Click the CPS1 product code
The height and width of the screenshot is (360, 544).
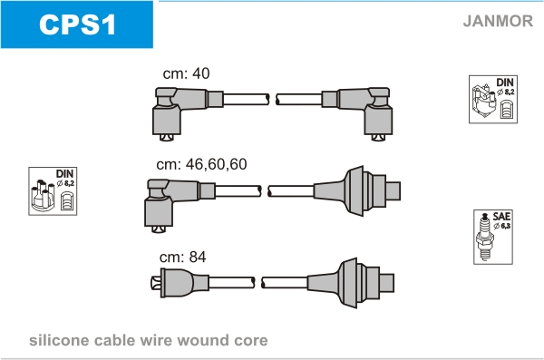77,24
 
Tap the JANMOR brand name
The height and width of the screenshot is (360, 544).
498,21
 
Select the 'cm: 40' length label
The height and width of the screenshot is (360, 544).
186,73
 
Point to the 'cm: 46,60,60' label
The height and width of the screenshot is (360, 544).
201,164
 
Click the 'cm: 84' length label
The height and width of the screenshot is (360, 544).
183,257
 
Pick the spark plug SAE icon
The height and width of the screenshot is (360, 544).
493,237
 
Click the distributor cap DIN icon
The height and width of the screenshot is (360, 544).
53,191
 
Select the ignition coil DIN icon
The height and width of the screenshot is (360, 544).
493,99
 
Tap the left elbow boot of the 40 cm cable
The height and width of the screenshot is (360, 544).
180,112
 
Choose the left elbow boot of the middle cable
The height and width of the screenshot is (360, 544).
173,203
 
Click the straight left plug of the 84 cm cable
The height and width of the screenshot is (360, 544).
180,283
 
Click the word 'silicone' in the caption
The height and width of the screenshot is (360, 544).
59,341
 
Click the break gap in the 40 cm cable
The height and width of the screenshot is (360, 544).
273,100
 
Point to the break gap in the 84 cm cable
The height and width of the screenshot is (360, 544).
258,283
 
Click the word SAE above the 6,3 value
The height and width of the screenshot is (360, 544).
501,217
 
